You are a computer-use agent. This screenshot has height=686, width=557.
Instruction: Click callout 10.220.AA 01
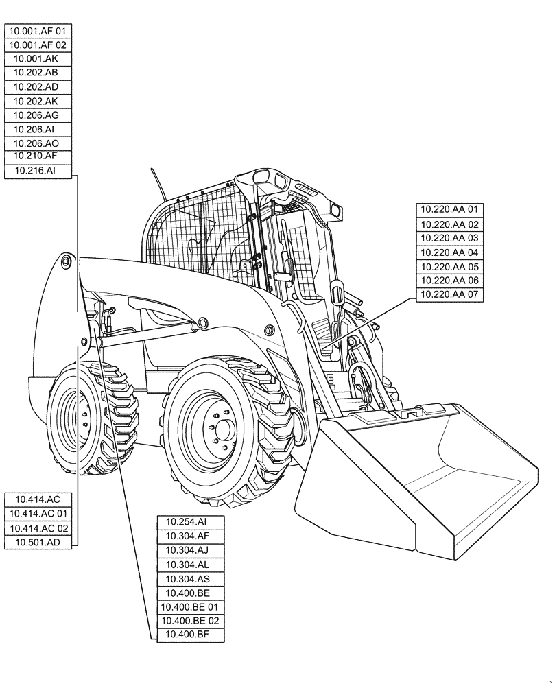[450, 210]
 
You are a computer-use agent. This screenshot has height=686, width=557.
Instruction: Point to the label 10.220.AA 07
[450, 295]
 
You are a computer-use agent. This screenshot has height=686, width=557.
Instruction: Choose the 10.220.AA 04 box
[450, 252]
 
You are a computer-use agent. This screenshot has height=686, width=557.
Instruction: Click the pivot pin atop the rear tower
[66, 261]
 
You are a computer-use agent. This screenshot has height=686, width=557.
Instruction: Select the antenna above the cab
[158, 185]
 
